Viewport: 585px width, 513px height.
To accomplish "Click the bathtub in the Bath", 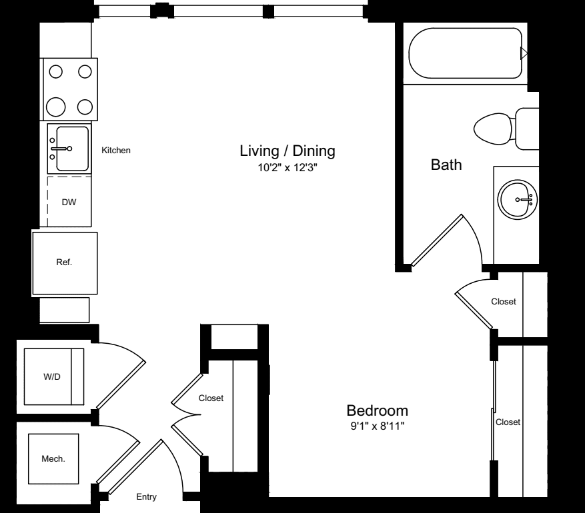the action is (465, 53).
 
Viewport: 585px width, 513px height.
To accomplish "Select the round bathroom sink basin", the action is (517, 199).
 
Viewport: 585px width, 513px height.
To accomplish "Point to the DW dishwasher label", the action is (69, 203).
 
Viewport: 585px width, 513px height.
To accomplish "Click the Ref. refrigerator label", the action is (64, 262).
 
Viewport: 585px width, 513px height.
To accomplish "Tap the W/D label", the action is (52, 376).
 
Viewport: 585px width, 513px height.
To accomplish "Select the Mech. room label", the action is (53, 458).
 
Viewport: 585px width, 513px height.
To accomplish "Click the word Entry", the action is (146, 497).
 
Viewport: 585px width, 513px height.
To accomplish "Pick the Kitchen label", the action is (116, 150).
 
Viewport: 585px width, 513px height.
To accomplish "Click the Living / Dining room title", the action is (287, 151).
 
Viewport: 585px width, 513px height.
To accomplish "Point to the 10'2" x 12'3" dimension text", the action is (287, 168).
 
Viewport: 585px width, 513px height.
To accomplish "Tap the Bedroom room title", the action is (377, 410).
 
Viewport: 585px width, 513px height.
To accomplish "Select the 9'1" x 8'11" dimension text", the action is (377, 426).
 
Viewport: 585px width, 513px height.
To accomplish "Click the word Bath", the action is (446, 165).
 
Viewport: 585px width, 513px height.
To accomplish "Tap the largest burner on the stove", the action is (55, 107).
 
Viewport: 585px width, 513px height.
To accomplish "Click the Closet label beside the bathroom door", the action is (504, 301).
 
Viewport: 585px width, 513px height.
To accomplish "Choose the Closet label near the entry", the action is (211, 398).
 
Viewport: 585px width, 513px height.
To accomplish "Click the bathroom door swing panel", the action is (437, 241).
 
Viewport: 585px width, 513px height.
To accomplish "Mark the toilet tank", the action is (527, 129).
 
